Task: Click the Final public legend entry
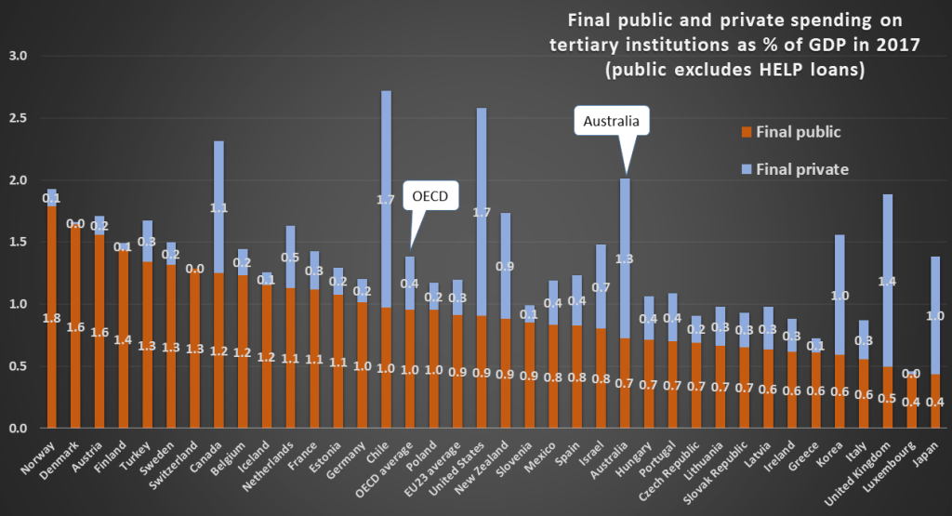click(x=787, y=132)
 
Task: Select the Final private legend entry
click(x=790, y=169)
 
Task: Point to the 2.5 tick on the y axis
click(x=18, y=118)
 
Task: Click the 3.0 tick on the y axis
click(x=18, y=56)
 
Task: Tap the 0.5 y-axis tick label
click(x=18, y=366)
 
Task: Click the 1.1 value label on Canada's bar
click(x=218, y=208)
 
